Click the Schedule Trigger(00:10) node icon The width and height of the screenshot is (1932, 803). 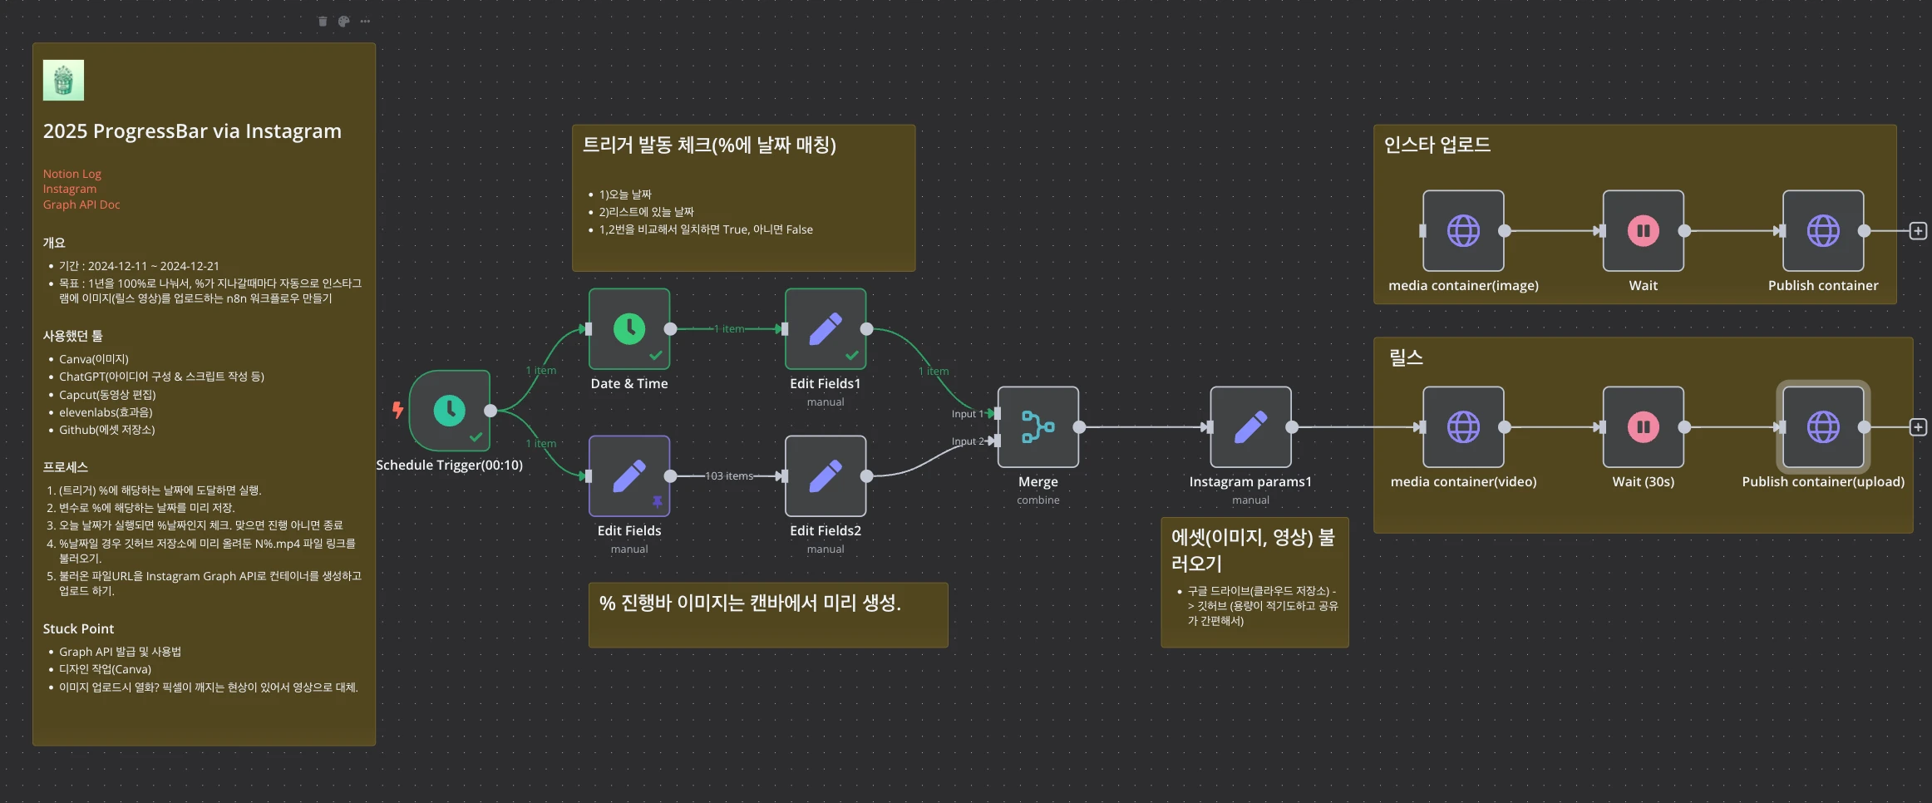tap(450, 411)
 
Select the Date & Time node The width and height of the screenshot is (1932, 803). tap(629, 329)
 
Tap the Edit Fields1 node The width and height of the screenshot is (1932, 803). tap(826, 329)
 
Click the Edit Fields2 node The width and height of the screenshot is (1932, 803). tap(826, 476)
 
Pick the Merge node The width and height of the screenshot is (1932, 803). tap(1038, 427)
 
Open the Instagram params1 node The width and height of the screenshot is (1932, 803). tap(1250, 427)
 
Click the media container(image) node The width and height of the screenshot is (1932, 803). tap(1463, 231)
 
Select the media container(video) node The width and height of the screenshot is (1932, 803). tap(1463, 427)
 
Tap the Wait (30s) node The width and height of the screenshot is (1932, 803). tap(1643, 427)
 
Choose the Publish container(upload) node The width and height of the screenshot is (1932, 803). tap(1823, 427)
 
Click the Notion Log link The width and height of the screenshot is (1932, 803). tap(72, 174)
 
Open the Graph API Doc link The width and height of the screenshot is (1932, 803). tap(81, 204)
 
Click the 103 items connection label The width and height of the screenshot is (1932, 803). tap(729, 476)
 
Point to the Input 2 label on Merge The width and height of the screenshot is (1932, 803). tap(967, 441)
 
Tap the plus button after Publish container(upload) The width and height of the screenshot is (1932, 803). tap(1918, 427)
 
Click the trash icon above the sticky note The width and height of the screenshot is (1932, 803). tap(323, 22)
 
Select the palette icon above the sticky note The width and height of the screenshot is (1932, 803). tap(343, 22)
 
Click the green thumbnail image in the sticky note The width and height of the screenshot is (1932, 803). tap(63, 81)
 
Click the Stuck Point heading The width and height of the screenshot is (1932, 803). tap(78, 628)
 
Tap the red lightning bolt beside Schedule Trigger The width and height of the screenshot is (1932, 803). tap(398, 409)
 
